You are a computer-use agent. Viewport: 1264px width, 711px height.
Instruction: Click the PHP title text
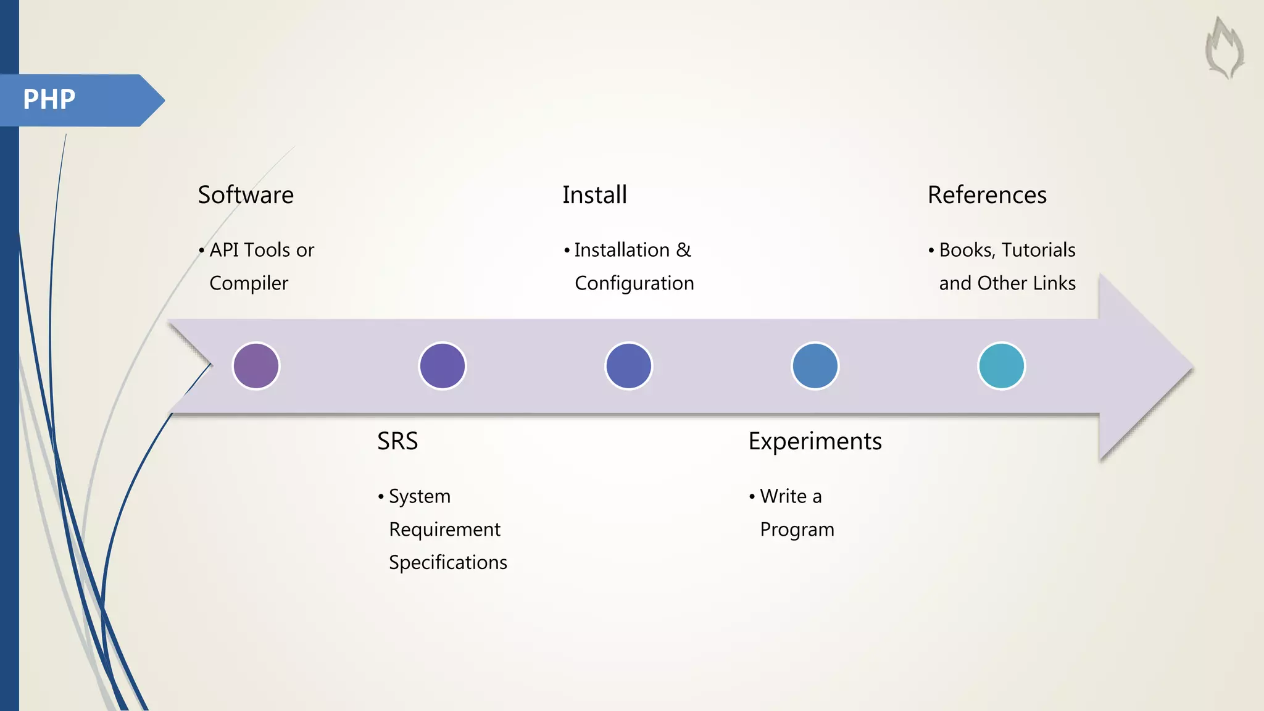click(49, 99)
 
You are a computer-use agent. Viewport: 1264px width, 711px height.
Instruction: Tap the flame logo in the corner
click(1224, 48)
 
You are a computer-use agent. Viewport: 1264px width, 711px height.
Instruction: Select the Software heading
click(246, 195)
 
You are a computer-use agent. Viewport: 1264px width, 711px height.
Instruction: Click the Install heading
click(594, 195)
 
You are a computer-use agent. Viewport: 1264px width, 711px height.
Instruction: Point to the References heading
click(987, 195)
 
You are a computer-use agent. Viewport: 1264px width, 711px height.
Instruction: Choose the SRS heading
click(397, 441)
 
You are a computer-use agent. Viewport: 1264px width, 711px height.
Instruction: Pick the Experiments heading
click(815, 441)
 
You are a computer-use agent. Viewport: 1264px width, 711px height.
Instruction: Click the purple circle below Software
click(256, 366)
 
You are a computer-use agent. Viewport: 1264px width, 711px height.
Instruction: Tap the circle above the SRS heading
click(443, 366)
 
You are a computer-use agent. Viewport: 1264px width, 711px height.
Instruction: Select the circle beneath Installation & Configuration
click(629, 366)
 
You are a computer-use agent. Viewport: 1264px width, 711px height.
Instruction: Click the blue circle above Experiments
click(815, 366)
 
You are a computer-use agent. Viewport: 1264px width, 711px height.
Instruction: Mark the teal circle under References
click(1002, 366)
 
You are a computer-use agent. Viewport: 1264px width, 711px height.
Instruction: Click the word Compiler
click(249, 283)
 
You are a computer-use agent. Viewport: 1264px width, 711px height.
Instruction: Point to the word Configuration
click(634, 283)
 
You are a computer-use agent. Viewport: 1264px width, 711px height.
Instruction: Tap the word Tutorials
click(1038, 250)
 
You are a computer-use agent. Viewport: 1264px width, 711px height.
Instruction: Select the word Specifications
click(448, 562)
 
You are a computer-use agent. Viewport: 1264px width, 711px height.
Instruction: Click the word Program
click(797, 530)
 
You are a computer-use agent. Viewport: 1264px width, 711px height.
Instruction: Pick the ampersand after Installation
click(683, 250)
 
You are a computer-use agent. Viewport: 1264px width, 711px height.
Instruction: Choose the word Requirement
click(444, 530)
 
